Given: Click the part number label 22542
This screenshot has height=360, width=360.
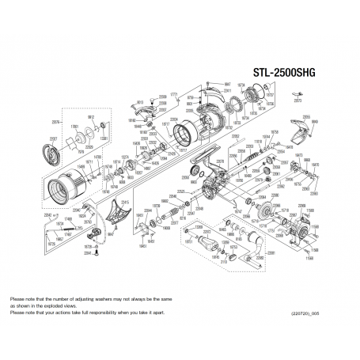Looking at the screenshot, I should pos(48,214).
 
